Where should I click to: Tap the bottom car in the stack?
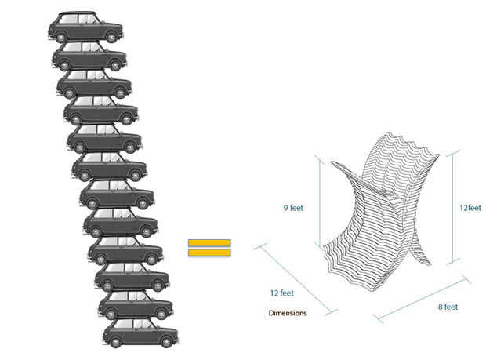[x=140, y=332]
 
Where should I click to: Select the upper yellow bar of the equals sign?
[x=209, y=242]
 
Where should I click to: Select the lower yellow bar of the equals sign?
[x=209, y=252]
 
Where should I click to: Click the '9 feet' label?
[x=293, y=208]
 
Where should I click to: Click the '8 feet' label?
[x=448, y=307]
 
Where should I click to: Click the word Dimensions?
[x=288, y=313]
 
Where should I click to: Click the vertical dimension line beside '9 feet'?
[x=319, y=202]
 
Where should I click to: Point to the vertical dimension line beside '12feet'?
[x=452, y=208]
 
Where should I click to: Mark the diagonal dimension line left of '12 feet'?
[x=294, y=278]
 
